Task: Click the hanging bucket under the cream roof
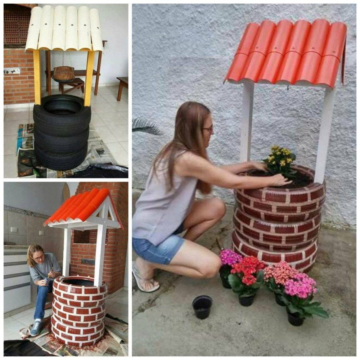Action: pos(64,74)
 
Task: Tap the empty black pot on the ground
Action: pos(202,307)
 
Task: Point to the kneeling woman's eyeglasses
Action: pos(208,128)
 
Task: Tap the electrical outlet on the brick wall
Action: pos(12,71)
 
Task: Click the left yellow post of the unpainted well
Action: pos(37,77)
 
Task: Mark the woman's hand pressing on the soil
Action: pos(281,180)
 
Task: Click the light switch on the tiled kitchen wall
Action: pos(14,229)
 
